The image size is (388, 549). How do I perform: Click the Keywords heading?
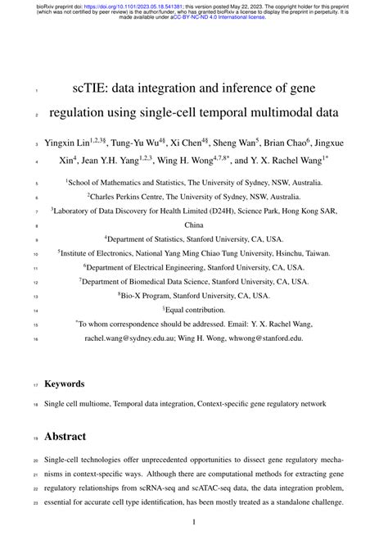(65, 383)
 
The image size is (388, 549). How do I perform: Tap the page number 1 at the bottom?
(194, 522)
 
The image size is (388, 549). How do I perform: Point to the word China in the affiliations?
(194, 224)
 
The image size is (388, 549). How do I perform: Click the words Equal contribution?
(197, 311)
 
